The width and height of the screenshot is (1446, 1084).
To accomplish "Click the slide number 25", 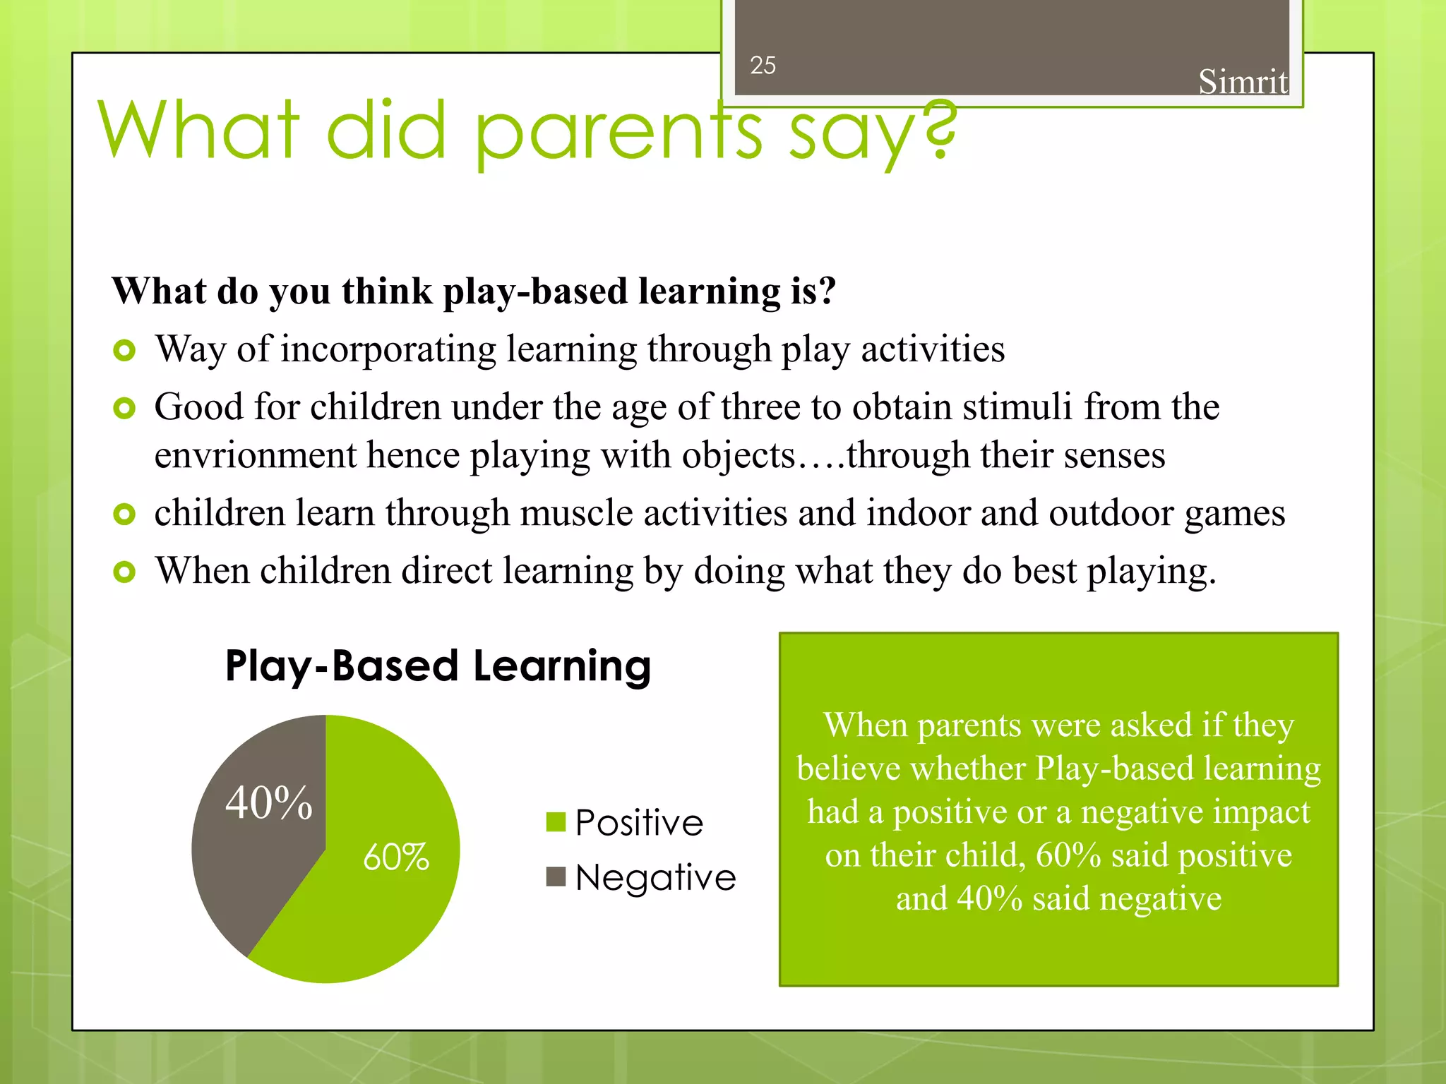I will [x=763, y=66].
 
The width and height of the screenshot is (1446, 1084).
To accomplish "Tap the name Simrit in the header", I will [x=1243, y=82].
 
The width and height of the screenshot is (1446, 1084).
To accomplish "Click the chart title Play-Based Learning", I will [x=438, y=666].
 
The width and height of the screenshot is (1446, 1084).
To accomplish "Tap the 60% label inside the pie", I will [x=395, y=857].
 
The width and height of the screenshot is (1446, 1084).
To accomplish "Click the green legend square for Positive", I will [x=556, y=822].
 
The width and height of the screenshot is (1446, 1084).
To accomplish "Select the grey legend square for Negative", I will [x=556, y=877].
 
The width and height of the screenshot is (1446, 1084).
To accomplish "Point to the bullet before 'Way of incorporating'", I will [x=124, y=350].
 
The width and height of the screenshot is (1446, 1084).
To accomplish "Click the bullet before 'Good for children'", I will [x=124, y=408].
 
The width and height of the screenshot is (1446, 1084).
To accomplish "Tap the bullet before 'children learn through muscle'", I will [x=124, y=514].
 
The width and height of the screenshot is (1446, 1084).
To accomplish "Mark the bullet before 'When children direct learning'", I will [x=124, y=572].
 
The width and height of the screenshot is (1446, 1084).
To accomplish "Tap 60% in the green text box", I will [x=1068, y=855].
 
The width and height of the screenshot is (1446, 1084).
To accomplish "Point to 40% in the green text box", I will [x=989, y=899].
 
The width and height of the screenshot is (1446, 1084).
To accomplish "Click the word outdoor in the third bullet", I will [x=1111, y=513].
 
